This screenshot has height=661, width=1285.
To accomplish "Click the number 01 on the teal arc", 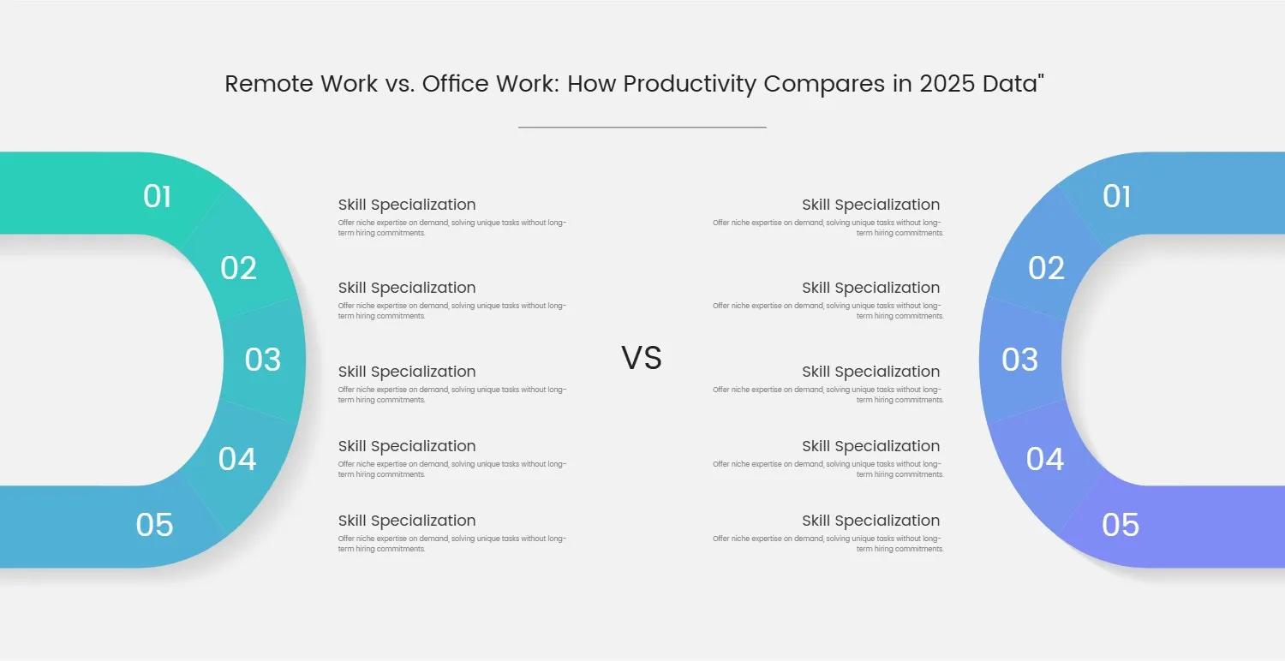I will (x=157, y=197).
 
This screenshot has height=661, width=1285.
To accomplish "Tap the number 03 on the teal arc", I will (x=262, y=360).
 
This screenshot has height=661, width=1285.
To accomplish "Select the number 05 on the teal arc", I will (x=154, y=525).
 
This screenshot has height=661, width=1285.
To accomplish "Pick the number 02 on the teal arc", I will (x=238, y=269).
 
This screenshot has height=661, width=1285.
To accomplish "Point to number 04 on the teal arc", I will (x=237, y=459).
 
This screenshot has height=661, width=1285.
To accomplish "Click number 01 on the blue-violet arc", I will (x=1116, y=197).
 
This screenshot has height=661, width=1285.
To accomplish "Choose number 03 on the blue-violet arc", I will (x=1019, y=360).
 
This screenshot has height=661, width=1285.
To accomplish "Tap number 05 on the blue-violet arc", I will (x=1121, y=525).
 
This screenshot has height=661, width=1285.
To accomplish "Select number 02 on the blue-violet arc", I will (x=1046, y=269).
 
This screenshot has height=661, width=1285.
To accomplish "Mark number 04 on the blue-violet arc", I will (x=1045, y=459).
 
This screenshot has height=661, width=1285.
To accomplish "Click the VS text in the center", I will (x=642, y=358).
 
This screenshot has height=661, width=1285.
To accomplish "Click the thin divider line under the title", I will (x=642, y=127).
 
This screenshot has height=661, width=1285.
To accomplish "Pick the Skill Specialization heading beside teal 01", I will (x=407, y=205).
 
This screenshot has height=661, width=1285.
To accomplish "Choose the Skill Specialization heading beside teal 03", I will (x=407, y=372).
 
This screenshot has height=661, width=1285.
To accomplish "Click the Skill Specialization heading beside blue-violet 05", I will (x=870, y=521).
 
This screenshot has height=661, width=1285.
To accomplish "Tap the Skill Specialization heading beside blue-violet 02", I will (x=870, y=288).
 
